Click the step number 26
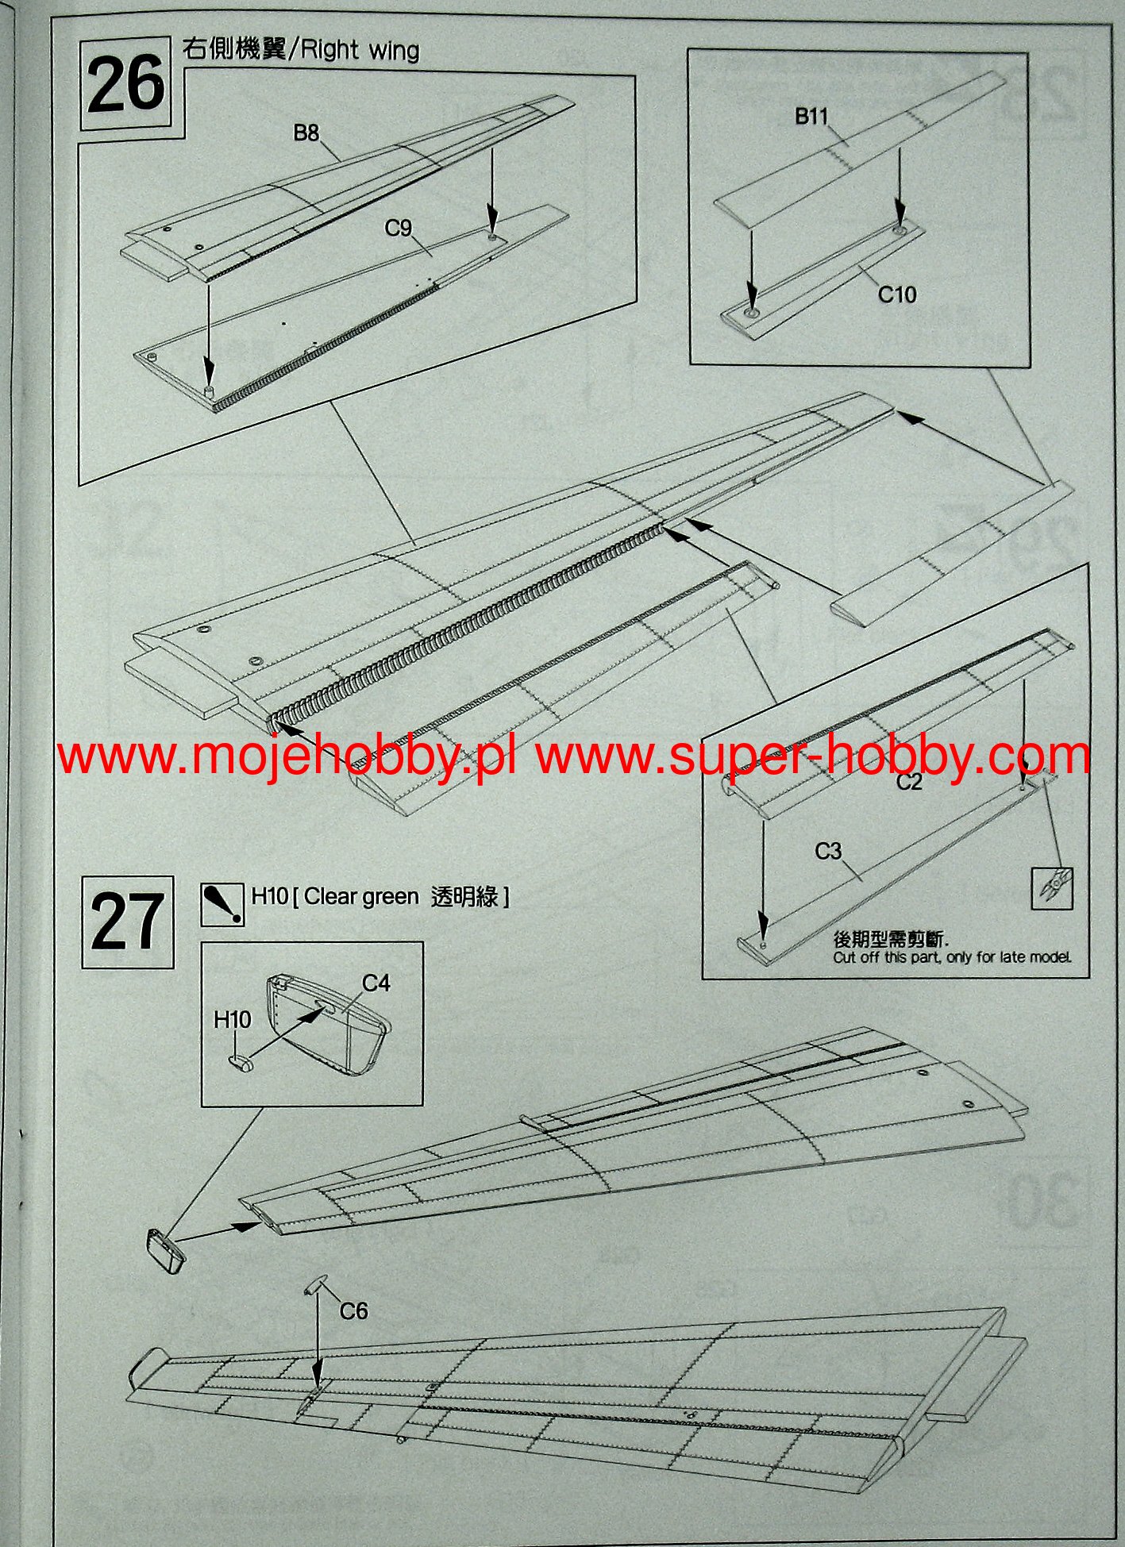(x=125, y=85)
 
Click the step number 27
(x=128, y=922)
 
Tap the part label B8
(x=306, y=133)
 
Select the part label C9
(x=398, y=229)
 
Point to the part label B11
(x=811, y=117)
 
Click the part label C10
(x=896, y=294)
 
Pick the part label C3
(x=828, y=851)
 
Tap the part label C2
(x=909, y=782)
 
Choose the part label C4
(x=376, y=983)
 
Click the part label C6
(x=354, y=1310)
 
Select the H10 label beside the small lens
(x=232, y=1019)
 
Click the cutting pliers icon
(x=1052, y=888)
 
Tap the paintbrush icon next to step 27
(x=222, y=905)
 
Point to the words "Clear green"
(x=361, y=896)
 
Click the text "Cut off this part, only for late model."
(x=952, y=957)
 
